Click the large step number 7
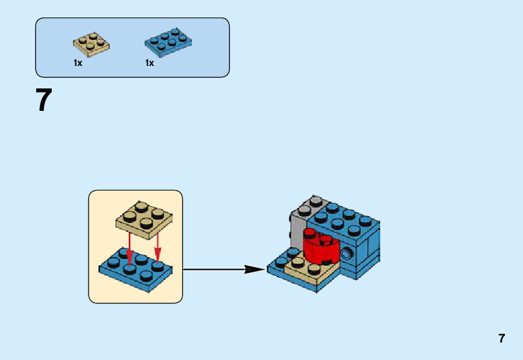(44, 100)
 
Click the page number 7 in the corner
(502, 338)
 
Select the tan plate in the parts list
(92, 44)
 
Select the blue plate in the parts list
(168, 42)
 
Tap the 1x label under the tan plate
(78, 63)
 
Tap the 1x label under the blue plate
(150, 63)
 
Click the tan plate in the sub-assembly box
(144, 220)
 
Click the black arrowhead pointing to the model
(254, 269)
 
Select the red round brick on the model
(321, 247)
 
